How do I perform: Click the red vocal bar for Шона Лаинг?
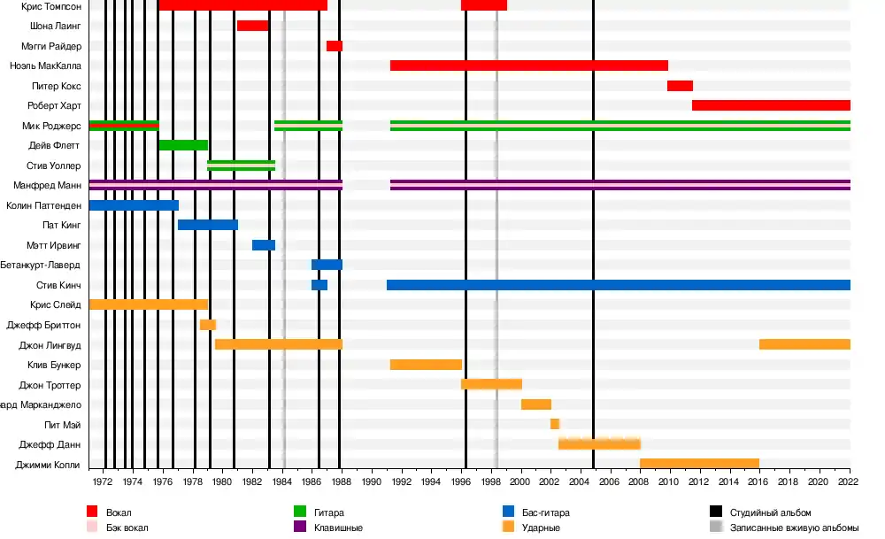click(x=252, y=26)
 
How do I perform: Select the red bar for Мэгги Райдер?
click(x=335, y=46)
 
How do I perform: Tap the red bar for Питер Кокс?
click(x=680, y=86)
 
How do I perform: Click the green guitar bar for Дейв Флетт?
click(x=183, y=145)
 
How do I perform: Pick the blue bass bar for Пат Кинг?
click(x=208, y=225)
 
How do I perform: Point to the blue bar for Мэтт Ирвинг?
click(x=264, y=245)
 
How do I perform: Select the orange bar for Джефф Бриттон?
click(x=208, y=325)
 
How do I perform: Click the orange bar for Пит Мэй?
click(x=555, y=424)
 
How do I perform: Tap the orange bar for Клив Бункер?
click(x=426, y=365)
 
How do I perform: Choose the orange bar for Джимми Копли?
click(x=699, y=464)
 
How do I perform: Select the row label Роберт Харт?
click(x=54, y=105)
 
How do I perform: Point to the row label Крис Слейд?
click(x=54, y=304)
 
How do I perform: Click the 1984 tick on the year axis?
click(x=282, y=482)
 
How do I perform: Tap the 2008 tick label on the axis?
click(x=640, y=482)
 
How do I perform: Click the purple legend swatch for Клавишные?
click(x=299, y=527)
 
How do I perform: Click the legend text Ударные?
click(x=542, y=527)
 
